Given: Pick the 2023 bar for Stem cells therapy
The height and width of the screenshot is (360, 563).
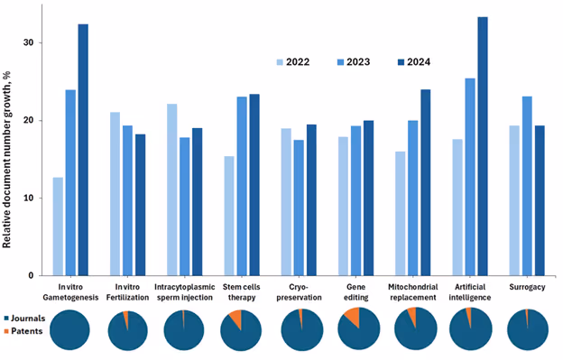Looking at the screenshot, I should pyautogui.click(x=242, y=186).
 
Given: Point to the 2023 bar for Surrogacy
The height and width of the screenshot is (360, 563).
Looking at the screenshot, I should pyautogui.click(x=526, y=186).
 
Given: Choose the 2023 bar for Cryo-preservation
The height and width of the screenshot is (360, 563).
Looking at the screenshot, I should pyautogui.click(x=298, y=208).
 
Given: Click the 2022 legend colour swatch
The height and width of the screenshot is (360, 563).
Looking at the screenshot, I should pyautogui.click(x=281, y=62).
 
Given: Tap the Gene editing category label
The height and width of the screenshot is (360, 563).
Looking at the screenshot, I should pyautogui.click(x=355, y=292).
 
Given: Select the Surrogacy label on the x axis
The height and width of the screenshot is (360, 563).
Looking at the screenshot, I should pyautogui.click(x=527, y=287).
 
